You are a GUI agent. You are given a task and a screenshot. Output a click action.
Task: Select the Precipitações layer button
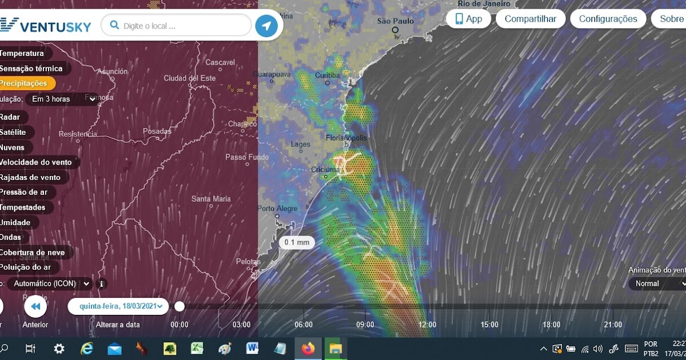pos(24,83)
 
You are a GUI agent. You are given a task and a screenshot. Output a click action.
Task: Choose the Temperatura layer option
pos(23,53)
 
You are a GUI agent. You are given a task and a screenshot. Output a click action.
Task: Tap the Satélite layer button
pos(14,132)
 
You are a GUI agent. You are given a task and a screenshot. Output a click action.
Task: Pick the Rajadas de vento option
pos(31,177)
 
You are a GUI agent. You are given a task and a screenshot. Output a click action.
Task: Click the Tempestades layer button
pos(23,207)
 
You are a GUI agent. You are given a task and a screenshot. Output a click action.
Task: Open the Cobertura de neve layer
pos(33,253)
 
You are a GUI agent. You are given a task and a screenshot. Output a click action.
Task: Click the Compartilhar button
pos(530,19)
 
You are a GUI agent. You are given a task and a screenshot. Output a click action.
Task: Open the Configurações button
pos(608,19)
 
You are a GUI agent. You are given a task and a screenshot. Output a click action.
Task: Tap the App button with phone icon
pos(468,19)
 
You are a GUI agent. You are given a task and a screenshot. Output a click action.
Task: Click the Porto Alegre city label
pos(277,209)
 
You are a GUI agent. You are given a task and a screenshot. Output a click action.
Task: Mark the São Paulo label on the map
pos(395,22)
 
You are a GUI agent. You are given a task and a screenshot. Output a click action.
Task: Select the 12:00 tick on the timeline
pos(427,325)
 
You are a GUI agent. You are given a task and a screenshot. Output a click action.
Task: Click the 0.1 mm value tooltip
pos(297,242)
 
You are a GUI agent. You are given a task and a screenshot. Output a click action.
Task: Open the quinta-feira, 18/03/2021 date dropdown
pos(118,306)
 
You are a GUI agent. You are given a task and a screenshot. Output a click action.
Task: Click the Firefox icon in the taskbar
pos(308,348)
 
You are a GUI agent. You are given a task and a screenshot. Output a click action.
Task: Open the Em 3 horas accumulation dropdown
pos(63,99)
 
